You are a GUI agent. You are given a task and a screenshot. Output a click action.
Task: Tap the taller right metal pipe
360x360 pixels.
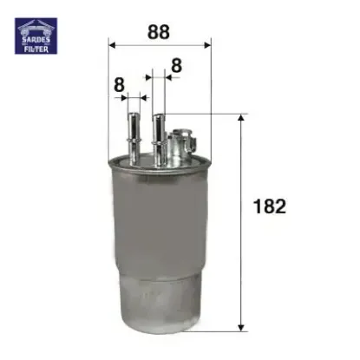point(159,130)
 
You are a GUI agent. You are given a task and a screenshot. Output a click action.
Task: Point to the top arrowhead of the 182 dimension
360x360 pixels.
point(240,117)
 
